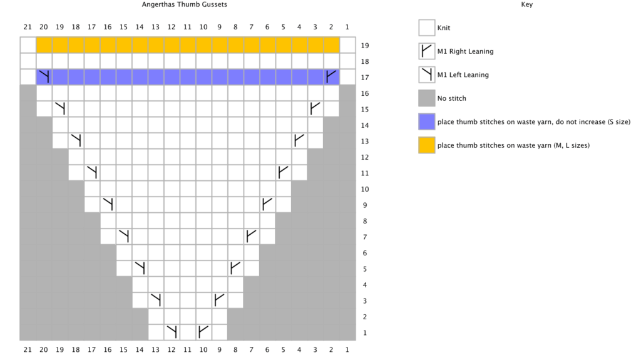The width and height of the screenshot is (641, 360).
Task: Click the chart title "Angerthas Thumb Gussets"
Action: (185, 4)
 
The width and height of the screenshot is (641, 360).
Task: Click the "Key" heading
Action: (526, 4)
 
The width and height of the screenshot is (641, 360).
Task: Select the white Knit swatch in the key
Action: (426, 28)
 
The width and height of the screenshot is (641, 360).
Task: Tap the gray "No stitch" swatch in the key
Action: (426, 98)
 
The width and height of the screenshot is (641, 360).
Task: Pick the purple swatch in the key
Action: (426, 121)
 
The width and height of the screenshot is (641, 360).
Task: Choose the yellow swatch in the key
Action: (426, 145)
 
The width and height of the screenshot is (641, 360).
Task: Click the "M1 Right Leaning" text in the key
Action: (465, 51)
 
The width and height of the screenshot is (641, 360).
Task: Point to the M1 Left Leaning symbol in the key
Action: (426, 75)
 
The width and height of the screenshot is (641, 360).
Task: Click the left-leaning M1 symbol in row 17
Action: (44, 77)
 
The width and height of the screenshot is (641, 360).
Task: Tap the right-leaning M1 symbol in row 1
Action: (203, 332)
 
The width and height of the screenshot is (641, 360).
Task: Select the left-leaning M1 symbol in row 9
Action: (108, 205)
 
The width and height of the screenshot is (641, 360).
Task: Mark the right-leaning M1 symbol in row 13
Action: (299, 141)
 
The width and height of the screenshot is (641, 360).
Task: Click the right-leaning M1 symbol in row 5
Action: (235, 269)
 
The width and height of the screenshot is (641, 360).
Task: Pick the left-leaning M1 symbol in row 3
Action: (156, 301)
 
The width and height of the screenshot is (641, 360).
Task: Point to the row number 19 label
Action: (365, 46)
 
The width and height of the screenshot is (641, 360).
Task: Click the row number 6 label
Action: (365, 253)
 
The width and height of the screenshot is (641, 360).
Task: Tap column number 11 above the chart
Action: (187, 27)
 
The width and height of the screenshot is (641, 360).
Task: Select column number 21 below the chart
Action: (28, 350)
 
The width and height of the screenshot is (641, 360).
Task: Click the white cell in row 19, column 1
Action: (347, 46)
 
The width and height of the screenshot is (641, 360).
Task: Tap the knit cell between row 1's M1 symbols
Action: (188, 332)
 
